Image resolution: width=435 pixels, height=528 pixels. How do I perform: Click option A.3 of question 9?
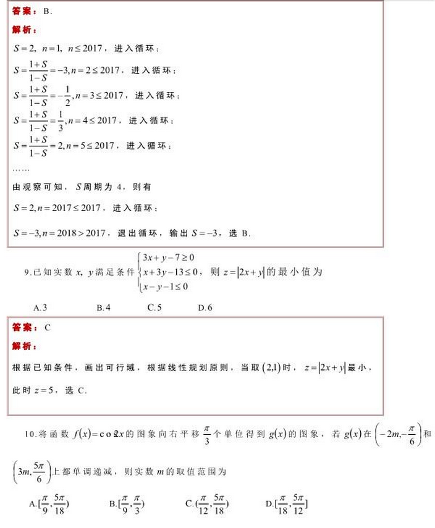pyautogui.click(x=41, y=307)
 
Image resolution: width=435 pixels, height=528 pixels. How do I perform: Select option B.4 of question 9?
pyautogui.click(x=103, y=307)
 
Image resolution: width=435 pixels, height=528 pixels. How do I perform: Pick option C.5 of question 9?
pyautogui.click(x=154, y=307)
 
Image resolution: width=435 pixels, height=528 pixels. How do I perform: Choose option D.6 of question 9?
pyautogui.click(x=205, y=307)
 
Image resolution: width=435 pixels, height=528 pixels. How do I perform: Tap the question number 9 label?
pyautogui.click(x=27, y=272)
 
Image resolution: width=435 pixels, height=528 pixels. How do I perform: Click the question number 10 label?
pyautogui.click(x=30, y=434)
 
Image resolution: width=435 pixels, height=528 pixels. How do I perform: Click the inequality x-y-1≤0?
pyautogui.click(x=165, y=286)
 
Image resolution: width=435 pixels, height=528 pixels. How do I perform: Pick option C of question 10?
pyautogui.click(x=207, y=504)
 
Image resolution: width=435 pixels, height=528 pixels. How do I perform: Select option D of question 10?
pyautogui.click(x=287, y=504)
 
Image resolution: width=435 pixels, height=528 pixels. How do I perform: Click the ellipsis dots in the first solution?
pyautogui.click(x=20, y=167)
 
